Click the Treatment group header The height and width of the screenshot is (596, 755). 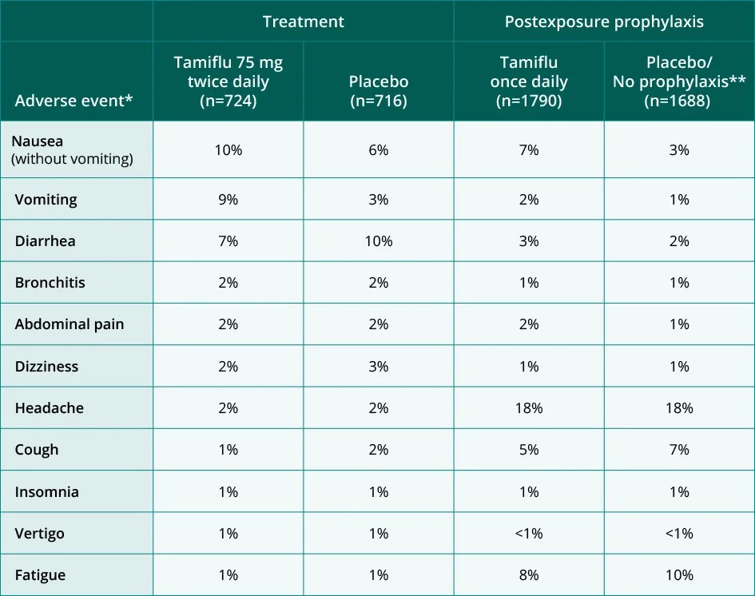304,22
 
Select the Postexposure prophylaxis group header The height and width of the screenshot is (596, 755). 604,22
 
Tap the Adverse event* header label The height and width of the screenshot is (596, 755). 73,101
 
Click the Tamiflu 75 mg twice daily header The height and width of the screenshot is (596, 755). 228,81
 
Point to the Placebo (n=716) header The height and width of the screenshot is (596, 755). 379,91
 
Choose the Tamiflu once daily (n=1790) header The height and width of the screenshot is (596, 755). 529,81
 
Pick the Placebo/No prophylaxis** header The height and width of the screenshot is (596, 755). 678,81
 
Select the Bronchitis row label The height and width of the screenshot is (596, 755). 50,283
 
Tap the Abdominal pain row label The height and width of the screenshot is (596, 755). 70,324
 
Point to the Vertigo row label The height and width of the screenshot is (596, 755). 39,533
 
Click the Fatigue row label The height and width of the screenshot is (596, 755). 40,575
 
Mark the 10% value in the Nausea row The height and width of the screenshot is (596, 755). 228,150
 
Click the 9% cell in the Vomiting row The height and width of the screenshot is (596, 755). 228,200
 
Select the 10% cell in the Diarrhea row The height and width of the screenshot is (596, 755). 379,241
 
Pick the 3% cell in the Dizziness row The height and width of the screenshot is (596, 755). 379,366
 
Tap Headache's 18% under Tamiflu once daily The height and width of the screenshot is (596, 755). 529,408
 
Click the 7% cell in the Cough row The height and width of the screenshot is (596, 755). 678,450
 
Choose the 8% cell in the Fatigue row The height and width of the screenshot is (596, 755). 529,575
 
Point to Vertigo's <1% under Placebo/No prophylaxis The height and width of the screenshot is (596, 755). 678,533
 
